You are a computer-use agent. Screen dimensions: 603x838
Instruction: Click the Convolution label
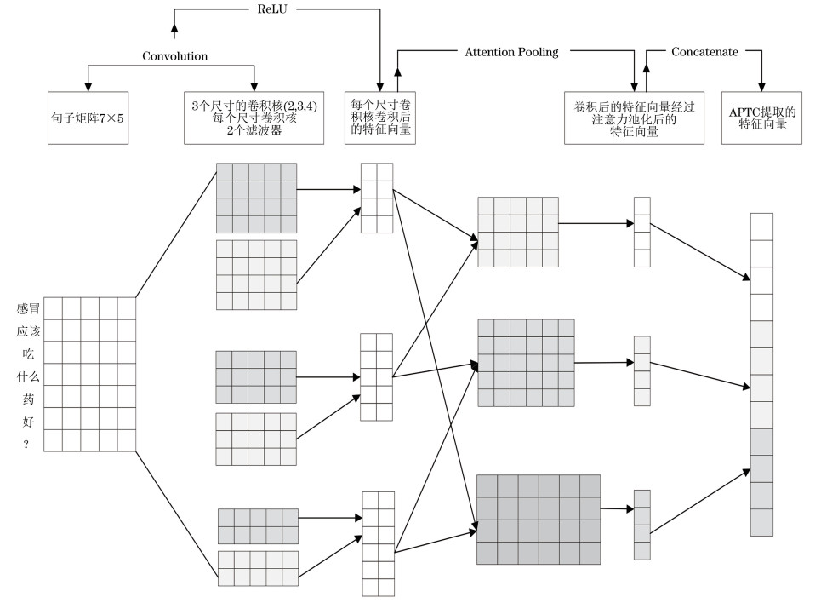point(174,56)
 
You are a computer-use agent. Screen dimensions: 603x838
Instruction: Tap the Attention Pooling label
point(511,52)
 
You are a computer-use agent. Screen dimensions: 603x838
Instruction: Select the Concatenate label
point(704,52)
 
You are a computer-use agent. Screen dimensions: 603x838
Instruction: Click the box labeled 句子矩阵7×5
point(88,118)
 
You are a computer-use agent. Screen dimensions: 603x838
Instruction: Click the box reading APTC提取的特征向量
point(762,118)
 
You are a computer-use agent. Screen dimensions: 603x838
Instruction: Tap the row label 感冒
point(28,307)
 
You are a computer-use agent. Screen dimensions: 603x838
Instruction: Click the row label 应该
point(28,330)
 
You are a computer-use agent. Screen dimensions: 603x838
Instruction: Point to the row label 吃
point(28,353)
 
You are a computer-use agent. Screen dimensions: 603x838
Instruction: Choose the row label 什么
point(28,376)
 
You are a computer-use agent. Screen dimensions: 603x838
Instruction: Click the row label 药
point(28,398)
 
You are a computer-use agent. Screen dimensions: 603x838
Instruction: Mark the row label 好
point(28,421)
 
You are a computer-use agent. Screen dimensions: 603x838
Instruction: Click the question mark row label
point(28,443)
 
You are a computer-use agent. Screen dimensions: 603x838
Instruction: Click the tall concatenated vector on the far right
point(761,375)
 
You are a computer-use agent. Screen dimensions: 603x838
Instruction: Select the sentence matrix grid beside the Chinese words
point(89,374)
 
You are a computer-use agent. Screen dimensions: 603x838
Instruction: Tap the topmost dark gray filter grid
point(256,198)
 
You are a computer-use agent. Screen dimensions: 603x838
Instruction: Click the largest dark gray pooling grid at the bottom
point(539,520)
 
